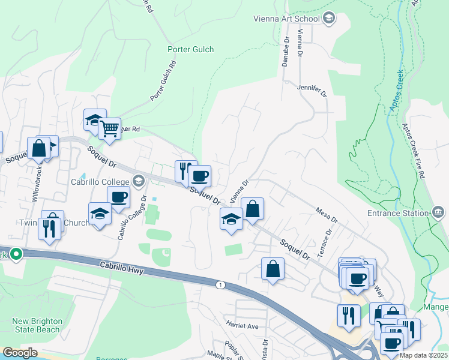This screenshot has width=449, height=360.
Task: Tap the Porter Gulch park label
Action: coord(190,49)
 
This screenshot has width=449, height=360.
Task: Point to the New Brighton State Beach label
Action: coord(37,325)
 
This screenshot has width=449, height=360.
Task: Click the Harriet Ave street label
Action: coord(242,326)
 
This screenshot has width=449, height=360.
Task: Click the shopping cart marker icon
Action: coord(109,128)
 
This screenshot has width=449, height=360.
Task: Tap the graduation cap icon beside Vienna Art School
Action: coord(328,19)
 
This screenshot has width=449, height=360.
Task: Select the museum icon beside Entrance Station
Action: coord(438,212)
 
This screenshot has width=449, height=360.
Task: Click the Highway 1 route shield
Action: coord(221,284)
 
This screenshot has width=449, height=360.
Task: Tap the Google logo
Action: coord(20,353)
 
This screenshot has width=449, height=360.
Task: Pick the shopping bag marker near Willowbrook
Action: coord(38,148)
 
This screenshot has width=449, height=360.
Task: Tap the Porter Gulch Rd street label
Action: coord(163,80)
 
